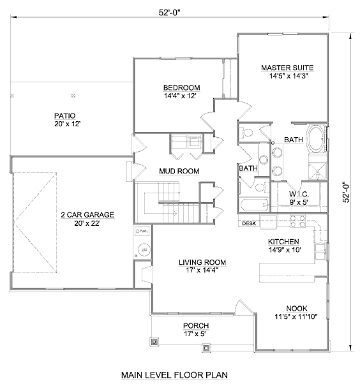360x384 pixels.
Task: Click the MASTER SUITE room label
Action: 287,68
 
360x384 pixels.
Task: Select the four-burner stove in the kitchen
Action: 297,221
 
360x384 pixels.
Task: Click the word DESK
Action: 249,224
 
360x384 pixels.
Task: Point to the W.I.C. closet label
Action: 299,194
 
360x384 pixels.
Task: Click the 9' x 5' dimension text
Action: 299,202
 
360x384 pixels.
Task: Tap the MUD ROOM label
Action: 179,171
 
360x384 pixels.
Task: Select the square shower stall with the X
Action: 318,172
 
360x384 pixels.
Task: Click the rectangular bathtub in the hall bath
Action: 254,205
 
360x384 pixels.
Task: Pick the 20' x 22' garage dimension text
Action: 87,223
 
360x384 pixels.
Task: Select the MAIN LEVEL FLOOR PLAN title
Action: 175,375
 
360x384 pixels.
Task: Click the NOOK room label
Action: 297,308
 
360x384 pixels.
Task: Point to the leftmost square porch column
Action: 154,341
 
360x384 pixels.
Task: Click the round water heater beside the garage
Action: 144,250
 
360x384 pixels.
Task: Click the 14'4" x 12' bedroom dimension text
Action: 181,96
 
